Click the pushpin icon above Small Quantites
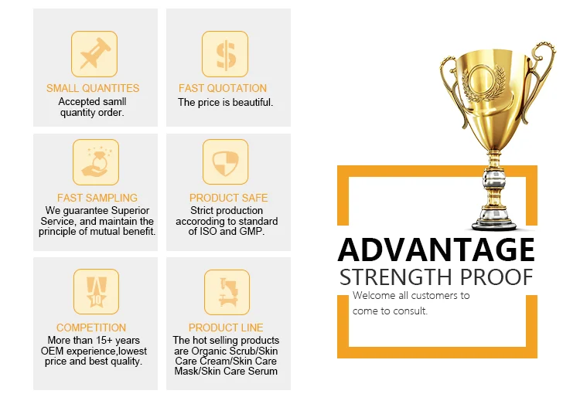click(x=94, y=54)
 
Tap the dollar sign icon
click(x=225, y=54)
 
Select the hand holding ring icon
click(x=96, y=162)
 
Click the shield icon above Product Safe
click(x=225, y=162)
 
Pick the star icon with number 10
click(x=96, y=292)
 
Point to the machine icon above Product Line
click(x=227, y=292)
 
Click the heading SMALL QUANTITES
click(x=93, y=88)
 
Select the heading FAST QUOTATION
click(x=223, y=88)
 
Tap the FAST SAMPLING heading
click(x=97, y=198)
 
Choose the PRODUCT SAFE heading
click(x=229, y=198)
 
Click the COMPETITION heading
click(x=91, y=328)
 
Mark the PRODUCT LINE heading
click(x=226, y=328)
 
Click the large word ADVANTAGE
click(x=436, y=250)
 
